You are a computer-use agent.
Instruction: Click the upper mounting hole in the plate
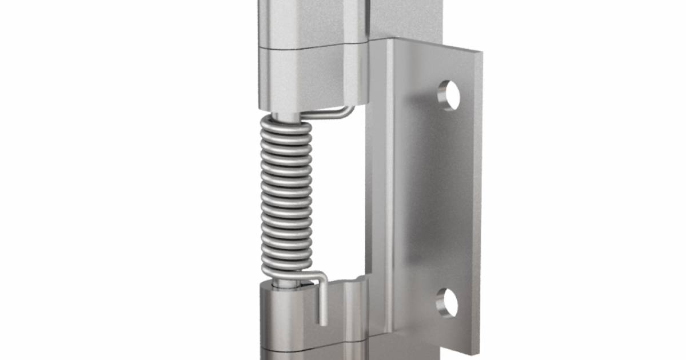pos(449,94)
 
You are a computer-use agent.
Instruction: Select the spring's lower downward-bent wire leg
pos(322,297)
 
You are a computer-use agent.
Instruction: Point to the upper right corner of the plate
pos(479,53)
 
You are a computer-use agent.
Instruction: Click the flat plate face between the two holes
pos(440,200)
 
